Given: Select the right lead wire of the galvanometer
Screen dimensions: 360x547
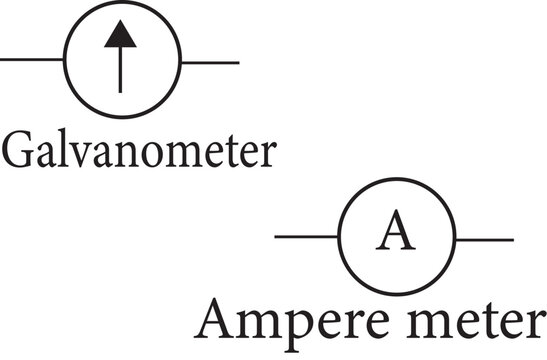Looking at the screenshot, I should (209, 62).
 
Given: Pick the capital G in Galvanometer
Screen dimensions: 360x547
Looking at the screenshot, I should (20, 150).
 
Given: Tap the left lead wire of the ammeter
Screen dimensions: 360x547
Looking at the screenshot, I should (306, 237).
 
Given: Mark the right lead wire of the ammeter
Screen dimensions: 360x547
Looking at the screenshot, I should (484, 239).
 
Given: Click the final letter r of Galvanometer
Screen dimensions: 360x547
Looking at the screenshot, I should (266, 155).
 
